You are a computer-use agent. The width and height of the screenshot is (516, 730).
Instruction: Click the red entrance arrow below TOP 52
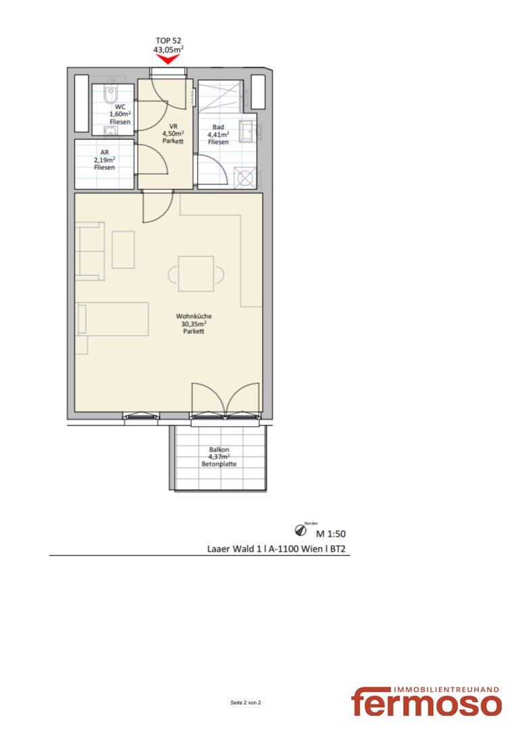167,59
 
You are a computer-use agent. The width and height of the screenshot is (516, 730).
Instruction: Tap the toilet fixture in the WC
110,95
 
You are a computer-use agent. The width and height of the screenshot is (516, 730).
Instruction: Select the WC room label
120,114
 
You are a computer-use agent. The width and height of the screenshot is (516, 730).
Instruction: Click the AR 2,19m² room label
104,160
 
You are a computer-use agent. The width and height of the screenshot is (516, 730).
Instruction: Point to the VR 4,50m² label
173,134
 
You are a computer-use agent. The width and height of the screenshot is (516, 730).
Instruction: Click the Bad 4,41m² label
218,134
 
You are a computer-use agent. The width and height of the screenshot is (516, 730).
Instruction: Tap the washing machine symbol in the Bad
245,177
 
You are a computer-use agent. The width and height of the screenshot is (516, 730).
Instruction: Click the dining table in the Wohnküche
196,274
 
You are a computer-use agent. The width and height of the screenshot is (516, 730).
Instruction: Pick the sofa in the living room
90,251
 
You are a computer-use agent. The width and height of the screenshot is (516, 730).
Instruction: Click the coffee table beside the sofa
124,249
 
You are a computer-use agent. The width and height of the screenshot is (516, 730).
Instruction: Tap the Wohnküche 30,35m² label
194,324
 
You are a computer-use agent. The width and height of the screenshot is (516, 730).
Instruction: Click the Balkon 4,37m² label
219,457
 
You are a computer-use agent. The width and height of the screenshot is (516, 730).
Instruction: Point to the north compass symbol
301,530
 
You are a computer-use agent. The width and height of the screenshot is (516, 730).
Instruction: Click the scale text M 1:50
331,534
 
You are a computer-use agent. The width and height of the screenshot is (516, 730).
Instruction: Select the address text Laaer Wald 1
234,549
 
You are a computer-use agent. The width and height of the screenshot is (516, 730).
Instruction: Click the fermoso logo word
426,702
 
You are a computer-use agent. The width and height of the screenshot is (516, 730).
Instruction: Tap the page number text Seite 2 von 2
246,702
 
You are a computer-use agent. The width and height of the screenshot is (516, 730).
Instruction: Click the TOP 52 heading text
168,41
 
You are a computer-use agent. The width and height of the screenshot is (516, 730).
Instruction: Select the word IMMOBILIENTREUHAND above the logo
446,689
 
